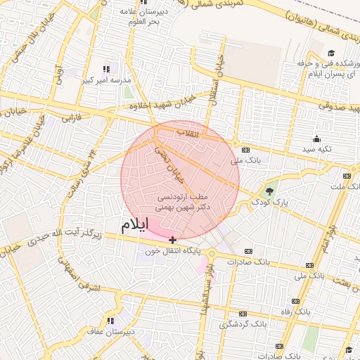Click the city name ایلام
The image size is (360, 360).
[x=135, y=225]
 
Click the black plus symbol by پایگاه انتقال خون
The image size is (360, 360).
[x=173, y=240]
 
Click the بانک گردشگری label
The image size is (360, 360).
[x=243, y=324]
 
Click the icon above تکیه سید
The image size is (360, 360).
[x=316, y=139]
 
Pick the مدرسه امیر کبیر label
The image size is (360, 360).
[x=108, y=80]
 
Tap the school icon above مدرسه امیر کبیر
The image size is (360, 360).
[x=106, y=69]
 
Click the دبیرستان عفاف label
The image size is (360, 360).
[x=108, y=330]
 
